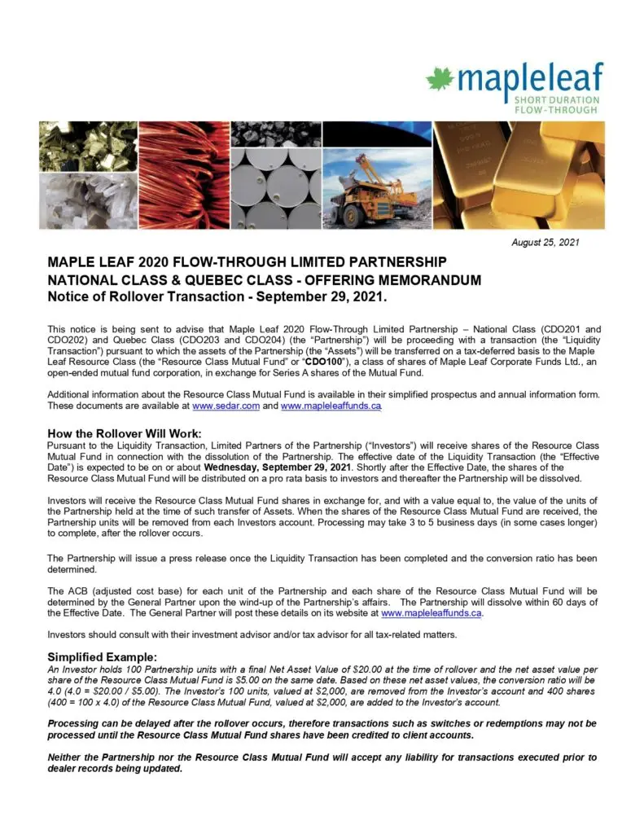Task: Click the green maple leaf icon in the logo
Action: coord(440,79)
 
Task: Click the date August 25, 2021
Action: coord(545,243)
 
